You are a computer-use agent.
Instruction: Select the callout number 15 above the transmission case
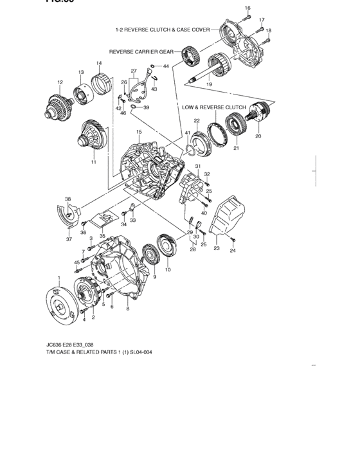(138, 132)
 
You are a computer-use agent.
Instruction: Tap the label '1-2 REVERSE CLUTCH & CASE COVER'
(166, 30)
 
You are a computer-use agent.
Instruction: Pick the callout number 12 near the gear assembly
(60, 82)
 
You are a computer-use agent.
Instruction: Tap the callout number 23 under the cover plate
(216, 248)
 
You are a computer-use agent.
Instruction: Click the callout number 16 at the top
(248, 7)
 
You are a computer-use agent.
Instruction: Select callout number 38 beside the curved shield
(67, 199)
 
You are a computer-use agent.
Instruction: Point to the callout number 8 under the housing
(127, 309)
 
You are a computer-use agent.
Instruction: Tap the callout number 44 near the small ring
(166, 66)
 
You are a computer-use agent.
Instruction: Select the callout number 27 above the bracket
(134, 71)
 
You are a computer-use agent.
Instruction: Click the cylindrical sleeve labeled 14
(100, 84)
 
